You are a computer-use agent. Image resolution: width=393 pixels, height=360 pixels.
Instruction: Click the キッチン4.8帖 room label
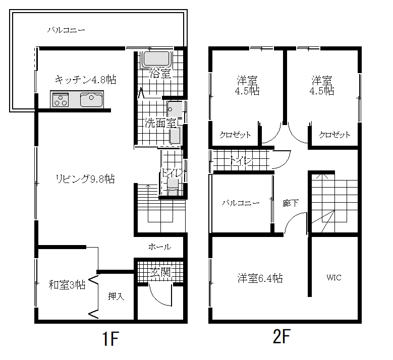85,80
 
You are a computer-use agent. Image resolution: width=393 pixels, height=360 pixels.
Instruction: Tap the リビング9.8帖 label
85,179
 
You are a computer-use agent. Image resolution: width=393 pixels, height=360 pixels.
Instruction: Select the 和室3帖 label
67,285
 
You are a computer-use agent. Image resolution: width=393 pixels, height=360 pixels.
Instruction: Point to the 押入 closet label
116,296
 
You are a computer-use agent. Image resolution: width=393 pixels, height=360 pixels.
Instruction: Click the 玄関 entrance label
160,272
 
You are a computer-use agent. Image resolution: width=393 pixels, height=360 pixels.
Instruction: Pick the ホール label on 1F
159,247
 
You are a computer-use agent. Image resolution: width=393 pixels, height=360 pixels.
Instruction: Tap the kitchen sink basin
91,99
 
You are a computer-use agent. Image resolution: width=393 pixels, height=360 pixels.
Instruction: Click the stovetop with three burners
61,99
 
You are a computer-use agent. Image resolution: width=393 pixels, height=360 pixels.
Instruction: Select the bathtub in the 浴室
156,59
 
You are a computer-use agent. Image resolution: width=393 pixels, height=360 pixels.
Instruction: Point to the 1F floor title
110,338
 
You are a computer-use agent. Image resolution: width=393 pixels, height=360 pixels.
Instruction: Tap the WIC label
334,278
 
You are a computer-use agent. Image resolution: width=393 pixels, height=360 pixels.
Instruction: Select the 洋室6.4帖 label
260,278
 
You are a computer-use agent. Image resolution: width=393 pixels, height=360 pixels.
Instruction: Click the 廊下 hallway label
291,203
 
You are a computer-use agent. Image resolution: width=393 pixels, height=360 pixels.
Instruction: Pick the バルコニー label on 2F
241,203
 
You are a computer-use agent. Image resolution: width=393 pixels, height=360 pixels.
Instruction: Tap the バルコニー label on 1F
66,30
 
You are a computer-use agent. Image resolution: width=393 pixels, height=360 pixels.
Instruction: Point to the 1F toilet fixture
173,187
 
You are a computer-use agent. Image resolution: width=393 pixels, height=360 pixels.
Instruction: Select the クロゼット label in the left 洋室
235,135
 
